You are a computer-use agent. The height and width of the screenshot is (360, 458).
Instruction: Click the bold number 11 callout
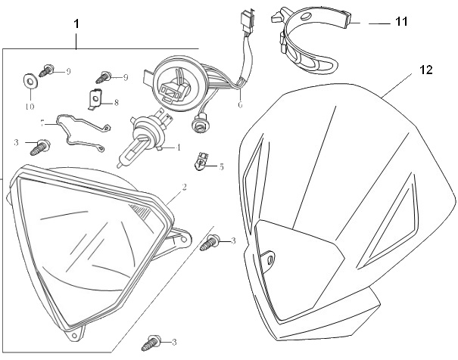click(400, 22)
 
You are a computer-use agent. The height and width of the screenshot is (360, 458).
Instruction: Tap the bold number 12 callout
click(425, 70)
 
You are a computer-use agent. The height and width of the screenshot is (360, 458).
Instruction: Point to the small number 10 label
click(30, 107)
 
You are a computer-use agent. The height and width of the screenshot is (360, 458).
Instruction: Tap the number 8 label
click(117, 104)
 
